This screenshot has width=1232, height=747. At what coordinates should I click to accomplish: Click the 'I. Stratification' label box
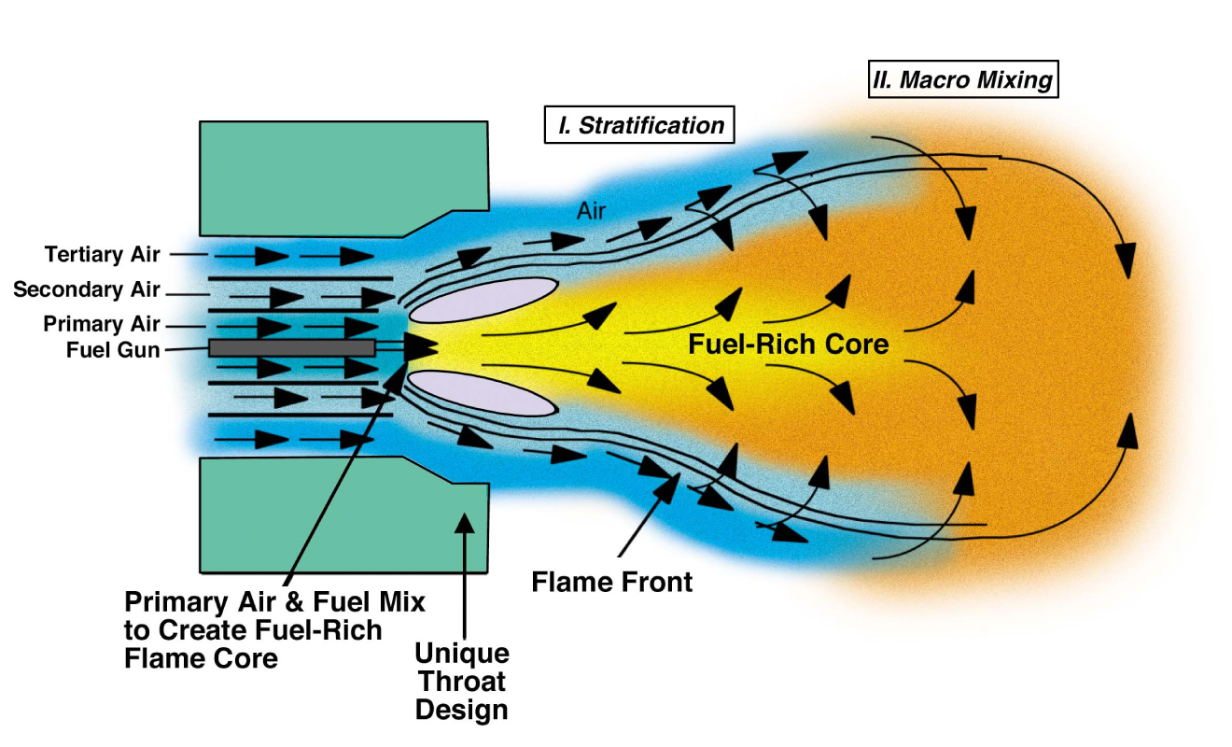[x=639, y=125]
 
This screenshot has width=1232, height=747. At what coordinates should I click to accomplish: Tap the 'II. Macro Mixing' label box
[x=962, y=80]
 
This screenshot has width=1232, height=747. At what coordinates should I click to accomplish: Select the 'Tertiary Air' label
[x=103, y=254]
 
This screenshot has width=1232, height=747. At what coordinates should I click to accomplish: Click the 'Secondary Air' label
[x=87, y=290]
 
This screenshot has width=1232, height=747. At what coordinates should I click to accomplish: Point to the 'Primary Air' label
[x=102, y=325]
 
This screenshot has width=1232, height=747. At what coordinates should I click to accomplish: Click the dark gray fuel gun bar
[x=292, y=348]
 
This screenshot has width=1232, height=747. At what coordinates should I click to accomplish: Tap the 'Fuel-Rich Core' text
[x=788, y=345]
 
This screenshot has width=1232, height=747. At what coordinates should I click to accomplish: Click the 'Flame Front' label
[x=612, y=583]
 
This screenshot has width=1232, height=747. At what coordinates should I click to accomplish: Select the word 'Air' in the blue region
[x=591, y=212]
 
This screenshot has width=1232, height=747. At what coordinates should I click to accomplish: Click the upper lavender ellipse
[x=484, y=299]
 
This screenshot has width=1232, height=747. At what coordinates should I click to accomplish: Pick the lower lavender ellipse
[x=483, y=392]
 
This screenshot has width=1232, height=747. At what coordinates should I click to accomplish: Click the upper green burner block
[x=343, y=177]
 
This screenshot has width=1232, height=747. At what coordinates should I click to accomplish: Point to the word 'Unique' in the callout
[x=462, y=652]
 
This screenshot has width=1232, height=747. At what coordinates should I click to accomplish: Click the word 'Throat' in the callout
[x=462, y=681]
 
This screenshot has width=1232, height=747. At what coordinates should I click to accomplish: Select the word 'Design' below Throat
[x=462, y=710]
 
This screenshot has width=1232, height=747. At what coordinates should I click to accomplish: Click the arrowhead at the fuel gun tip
[x=422, y=347]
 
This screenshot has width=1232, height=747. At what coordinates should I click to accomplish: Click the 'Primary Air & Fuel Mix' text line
[x=274, y=601]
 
